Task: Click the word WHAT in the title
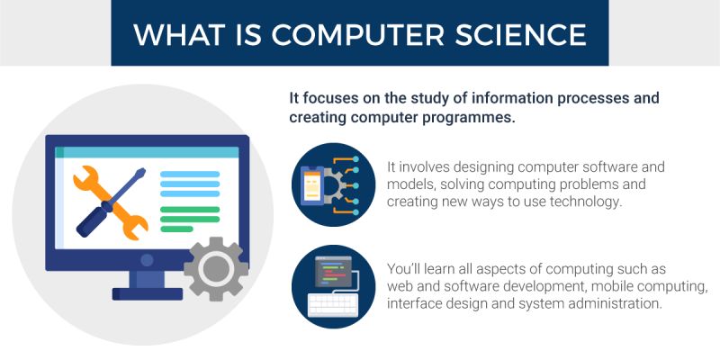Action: click(176, 33)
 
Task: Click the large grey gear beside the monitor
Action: click(216, 268)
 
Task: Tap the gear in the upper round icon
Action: click(331, 185)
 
